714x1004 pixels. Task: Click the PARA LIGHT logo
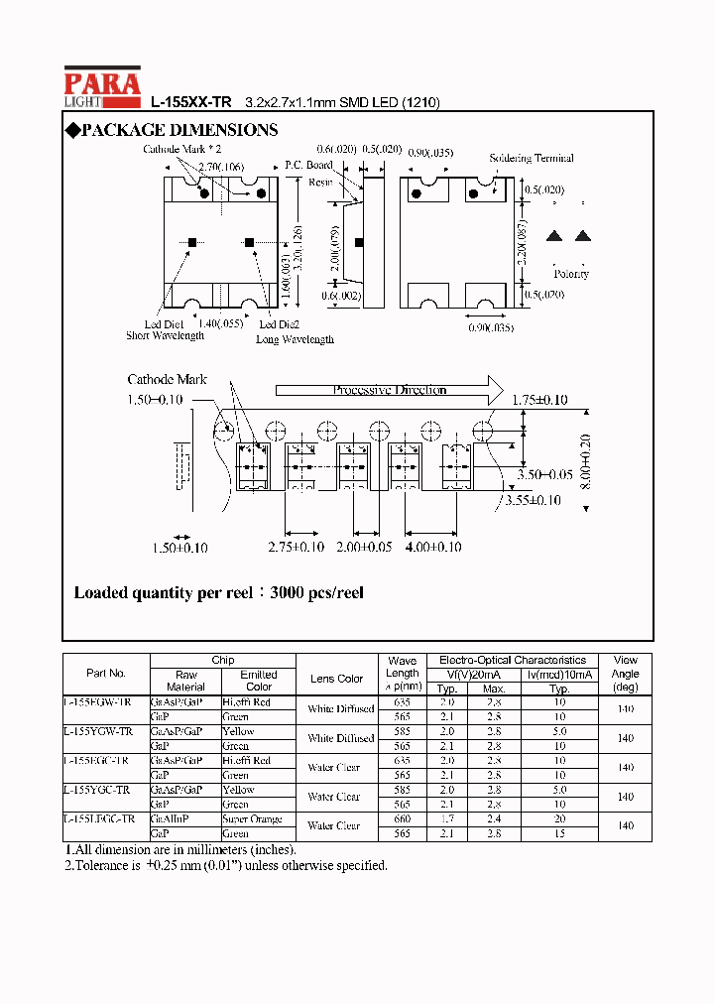coord(102,88)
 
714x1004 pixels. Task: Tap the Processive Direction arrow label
coord(389,390)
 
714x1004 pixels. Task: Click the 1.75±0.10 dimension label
coord(539,400)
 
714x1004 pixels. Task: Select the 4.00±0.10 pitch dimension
coord(432,547)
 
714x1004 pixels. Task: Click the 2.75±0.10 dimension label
coord(297,547)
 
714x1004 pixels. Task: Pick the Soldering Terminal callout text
coord(532,159)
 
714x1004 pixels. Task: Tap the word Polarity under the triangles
coord(571,274)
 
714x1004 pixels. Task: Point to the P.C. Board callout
coord(308,165)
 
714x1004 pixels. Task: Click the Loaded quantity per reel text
coord(218,593)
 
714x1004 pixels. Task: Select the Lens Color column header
coord(336,679)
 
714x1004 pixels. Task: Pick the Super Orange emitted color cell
coord(253,819)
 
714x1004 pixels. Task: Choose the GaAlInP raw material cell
coord(171,819)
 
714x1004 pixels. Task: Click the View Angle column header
coord(625,673)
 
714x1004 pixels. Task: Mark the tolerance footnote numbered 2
coord(226,865)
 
